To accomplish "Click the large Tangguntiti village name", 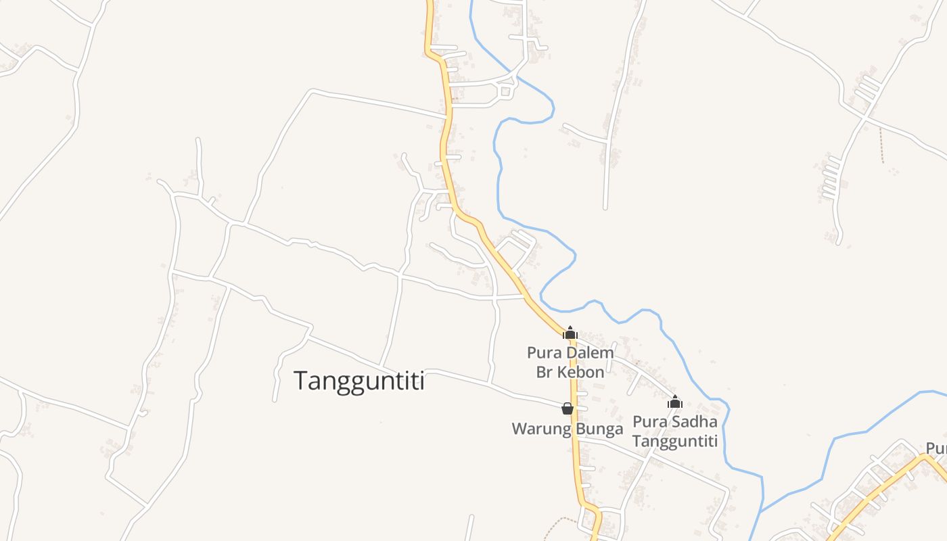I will pos(359,381).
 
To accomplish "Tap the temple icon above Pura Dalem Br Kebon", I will pos(570,332).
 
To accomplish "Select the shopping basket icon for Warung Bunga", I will pos(568,408).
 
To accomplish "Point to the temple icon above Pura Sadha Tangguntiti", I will pos(674,402).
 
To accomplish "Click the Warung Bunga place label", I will pos(567,429).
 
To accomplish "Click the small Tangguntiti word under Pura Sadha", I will pos(674,441).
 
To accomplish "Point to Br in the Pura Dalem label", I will pos(544,372).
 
